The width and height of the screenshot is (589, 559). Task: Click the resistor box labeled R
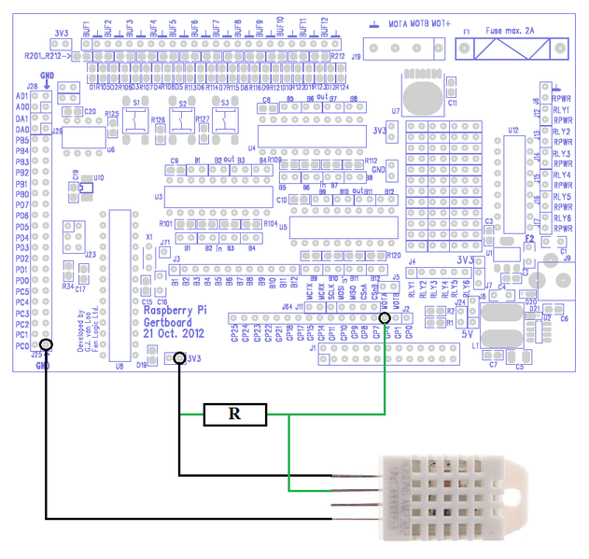pos(235,414)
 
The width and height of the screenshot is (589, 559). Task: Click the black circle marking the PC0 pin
pos(46,345)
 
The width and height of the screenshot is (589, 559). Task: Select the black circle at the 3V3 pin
pos(178,357)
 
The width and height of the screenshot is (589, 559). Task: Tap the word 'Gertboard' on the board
pos(171,322)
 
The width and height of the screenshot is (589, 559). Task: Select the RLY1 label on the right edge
pos(562,109)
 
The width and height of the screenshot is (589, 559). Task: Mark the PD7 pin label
pos(21,204)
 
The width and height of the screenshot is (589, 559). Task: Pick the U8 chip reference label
pos(119,366)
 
